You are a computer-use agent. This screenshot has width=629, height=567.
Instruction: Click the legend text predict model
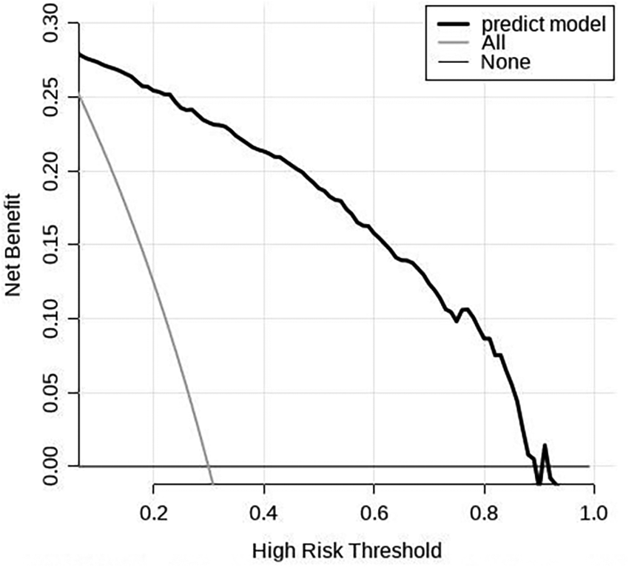(543, 24)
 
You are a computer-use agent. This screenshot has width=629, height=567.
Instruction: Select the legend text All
(493, 43)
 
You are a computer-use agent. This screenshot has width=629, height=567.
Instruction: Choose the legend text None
(505, 62)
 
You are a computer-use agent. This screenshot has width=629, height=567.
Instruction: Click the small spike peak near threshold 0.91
(545, 445)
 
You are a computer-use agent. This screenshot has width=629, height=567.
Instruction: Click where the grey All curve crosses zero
(209, 466)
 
